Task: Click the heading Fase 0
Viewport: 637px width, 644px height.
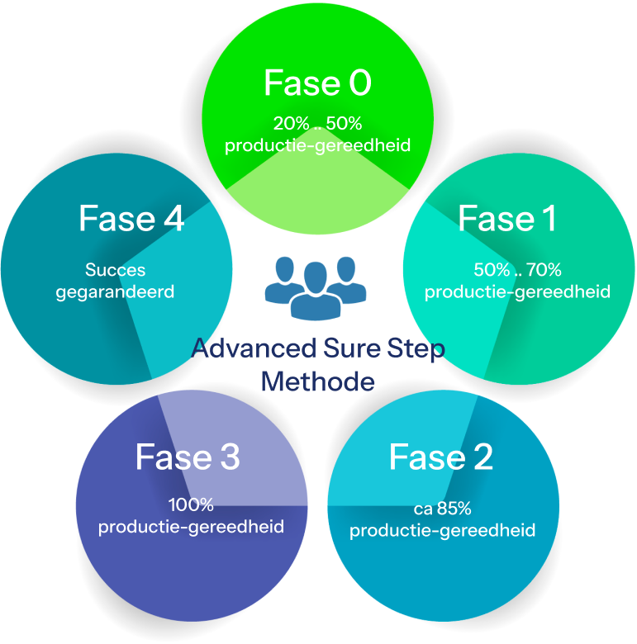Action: (x=317, y=83)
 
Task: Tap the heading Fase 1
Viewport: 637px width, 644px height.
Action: (x=506, y=220)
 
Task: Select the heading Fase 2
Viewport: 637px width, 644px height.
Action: (x=440, y=457)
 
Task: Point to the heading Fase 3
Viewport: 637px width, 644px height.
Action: (x=188, y=457)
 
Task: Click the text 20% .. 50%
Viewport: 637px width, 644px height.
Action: (x=317, y=124)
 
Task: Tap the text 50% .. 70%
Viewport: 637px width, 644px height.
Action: (x=517, y=270)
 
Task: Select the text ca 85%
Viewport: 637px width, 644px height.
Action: (x=442, y=508)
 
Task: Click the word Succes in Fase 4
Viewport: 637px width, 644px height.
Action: (x=116, y=270)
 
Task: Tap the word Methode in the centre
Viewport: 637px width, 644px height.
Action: (x=317, y=382)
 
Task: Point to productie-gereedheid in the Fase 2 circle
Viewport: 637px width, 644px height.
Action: (x=442, y=529)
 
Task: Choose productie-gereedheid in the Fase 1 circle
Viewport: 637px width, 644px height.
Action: (x=517, y=291)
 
